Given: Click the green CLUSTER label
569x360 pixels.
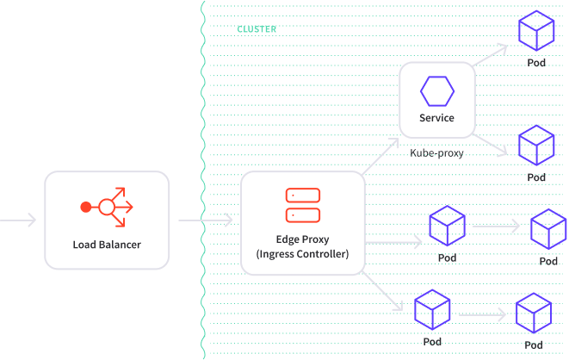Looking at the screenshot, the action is (257, 29).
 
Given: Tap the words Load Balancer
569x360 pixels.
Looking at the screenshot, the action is (107, 245).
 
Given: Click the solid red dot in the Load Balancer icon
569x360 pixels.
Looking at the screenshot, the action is (86, 208).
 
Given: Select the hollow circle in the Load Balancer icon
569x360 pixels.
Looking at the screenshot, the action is (107, 208).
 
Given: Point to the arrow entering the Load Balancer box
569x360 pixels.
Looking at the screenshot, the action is (18, 220).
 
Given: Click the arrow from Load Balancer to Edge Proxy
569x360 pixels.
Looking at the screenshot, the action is (206, 220).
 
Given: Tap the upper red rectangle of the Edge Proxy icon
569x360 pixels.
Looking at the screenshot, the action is (303, 196).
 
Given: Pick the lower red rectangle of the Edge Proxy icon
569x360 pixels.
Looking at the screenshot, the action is (303, 215).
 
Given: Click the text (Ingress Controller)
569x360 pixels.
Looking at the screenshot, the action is (303, 254).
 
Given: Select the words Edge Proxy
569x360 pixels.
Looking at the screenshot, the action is (303, 239).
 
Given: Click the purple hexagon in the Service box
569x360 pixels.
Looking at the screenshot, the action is (437, 91).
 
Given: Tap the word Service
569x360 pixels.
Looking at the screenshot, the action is (437, 118).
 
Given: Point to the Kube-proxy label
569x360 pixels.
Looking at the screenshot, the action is (437, 153).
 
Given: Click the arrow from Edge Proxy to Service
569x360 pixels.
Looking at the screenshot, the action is (380, 156).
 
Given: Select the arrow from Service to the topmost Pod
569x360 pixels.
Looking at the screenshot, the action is (491, 55).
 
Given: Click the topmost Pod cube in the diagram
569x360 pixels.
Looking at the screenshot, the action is (536, 30).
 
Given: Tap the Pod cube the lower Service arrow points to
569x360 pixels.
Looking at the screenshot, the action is (536, 146).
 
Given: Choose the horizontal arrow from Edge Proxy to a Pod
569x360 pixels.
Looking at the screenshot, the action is (393, 242).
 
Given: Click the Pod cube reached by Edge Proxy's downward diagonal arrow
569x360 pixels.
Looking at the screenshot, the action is (432, 309).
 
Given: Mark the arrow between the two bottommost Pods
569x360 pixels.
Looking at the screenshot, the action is (482, 314).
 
